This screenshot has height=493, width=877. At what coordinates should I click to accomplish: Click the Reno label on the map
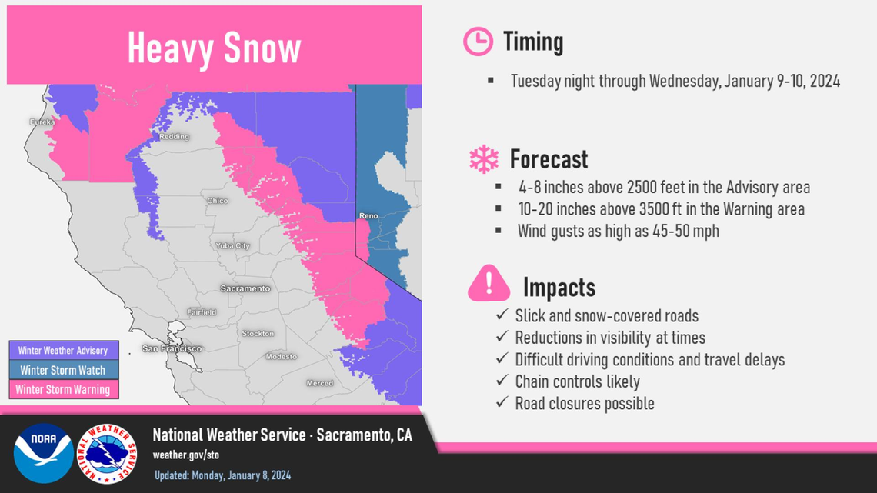[x=368, y=216]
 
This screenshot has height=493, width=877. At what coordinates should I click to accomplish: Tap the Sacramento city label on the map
[x=245, y=288]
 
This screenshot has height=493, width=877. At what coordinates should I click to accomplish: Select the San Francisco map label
[x=172, y=348]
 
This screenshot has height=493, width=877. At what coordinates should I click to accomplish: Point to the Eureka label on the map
[x=42, y=122]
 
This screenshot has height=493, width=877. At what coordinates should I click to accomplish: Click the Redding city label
[x=174, y=137]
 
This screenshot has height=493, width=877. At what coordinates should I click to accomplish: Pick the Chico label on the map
[x=218, y=201]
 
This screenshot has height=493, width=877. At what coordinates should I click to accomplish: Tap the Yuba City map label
[x=232, y=246]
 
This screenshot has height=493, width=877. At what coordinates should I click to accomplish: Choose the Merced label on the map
[x=319, y=383]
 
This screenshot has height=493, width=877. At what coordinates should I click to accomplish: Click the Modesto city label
[x=281, y=356]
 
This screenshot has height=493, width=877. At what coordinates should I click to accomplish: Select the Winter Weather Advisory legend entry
[x=64, y=351]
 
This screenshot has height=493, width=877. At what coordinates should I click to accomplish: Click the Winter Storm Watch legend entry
[x=64, y=370]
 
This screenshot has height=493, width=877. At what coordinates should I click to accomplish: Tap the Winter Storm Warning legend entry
[x=64, y=390]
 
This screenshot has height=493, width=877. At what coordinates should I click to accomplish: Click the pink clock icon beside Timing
[x=478, y=42]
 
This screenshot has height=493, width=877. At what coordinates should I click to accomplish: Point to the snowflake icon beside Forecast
[x=484, y=159]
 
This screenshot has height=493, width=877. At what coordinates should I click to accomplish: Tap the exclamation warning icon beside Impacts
[x=489, y=284]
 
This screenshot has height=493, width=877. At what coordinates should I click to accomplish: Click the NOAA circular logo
[x=43, y=454]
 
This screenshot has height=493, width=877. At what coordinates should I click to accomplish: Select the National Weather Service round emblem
[x=108, y=454]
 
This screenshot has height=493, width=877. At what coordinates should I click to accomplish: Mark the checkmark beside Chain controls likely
[x=502, y=381]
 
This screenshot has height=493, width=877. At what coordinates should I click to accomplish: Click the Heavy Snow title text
[x=214, y=48]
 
